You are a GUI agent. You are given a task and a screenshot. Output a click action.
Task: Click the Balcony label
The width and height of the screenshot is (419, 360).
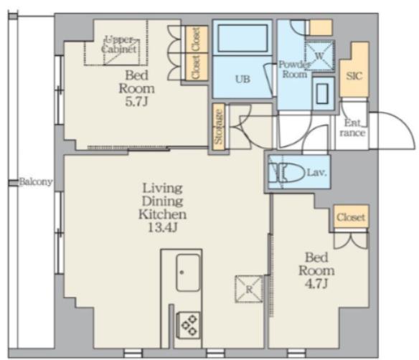click(36, 182)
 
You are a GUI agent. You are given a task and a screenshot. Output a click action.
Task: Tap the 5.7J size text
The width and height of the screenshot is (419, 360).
click(136, 102)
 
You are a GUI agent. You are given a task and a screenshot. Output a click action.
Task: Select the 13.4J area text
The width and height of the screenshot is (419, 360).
click(162, 227)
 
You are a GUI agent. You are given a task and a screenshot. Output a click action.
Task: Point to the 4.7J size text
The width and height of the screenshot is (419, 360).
click(316, 283)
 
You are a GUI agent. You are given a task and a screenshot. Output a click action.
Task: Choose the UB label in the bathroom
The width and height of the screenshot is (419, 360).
click(243, 79)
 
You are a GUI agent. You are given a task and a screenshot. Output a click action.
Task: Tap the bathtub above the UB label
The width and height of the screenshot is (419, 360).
click(243, 38)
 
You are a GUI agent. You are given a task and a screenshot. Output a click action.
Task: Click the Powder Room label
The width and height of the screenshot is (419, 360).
click(294, 69)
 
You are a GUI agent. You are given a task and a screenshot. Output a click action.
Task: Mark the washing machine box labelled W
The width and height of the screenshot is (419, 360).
click(319, 56)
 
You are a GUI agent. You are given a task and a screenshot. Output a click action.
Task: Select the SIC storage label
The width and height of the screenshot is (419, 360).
click(354, 76)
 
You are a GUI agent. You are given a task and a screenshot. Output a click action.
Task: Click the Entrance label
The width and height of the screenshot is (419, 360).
click(352, 128)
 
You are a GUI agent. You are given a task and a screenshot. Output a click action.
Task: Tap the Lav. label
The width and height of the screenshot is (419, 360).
click(317, 173)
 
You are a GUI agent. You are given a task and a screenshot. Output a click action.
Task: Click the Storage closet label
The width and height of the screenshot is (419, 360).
click(219, 127)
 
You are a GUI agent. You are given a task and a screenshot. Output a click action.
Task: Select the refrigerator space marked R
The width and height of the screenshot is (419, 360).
click(249, 289)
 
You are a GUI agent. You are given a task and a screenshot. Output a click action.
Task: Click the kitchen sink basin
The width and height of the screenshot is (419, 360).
click(188, 273)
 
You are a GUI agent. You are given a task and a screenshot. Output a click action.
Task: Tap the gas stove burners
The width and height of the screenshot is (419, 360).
click(189, 325)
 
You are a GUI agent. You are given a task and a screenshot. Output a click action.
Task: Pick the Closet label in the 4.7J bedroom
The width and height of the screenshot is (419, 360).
click(351, 217)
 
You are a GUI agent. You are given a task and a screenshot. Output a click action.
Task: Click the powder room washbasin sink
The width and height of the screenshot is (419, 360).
click(322, 93)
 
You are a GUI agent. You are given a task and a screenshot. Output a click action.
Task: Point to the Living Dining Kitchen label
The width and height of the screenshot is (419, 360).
click(162, 201)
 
